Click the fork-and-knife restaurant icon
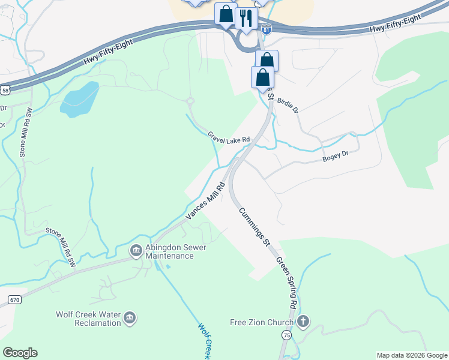tap(246, 17)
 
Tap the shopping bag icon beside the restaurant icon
tap(226, 15)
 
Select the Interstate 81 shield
tap(267, 28)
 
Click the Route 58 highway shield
tap(5, 90)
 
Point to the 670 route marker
tap(15, 299)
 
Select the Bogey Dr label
tap(335, 156)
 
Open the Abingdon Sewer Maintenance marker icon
tap(136, 249)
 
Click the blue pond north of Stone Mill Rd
tap(80, 99)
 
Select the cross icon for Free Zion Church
tap(303, 322)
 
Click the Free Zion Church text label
tap(262, 322)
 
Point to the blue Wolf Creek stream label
tap(206, 340)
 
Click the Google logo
tap(20, 353)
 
